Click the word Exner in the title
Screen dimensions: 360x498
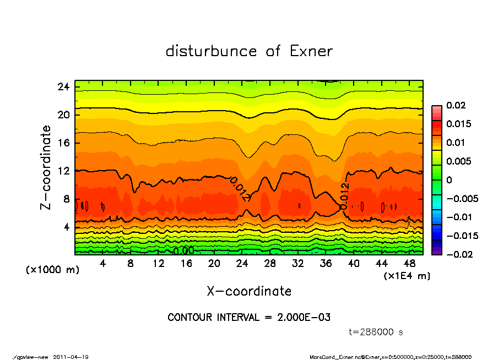[x=310, y=52]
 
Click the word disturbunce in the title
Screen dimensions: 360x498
[x=211, y=52]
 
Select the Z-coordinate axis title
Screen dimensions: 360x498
[x=46, y=167]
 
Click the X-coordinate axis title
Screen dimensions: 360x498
[x=249, y=291]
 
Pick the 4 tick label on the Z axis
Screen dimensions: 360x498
[x=66, y=227]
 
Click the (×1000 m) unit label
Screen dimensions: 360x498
[x=48, y=271]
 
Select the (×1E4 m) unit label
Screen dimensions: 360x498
[x=407, y=275]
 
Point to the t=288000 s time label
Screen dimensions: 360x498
[x=376, y=332]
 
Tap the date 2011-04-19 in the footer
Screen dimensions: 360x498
[x=71, y=357]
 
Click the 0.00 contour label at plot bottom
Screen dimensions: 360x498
[x=183, y=251]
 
